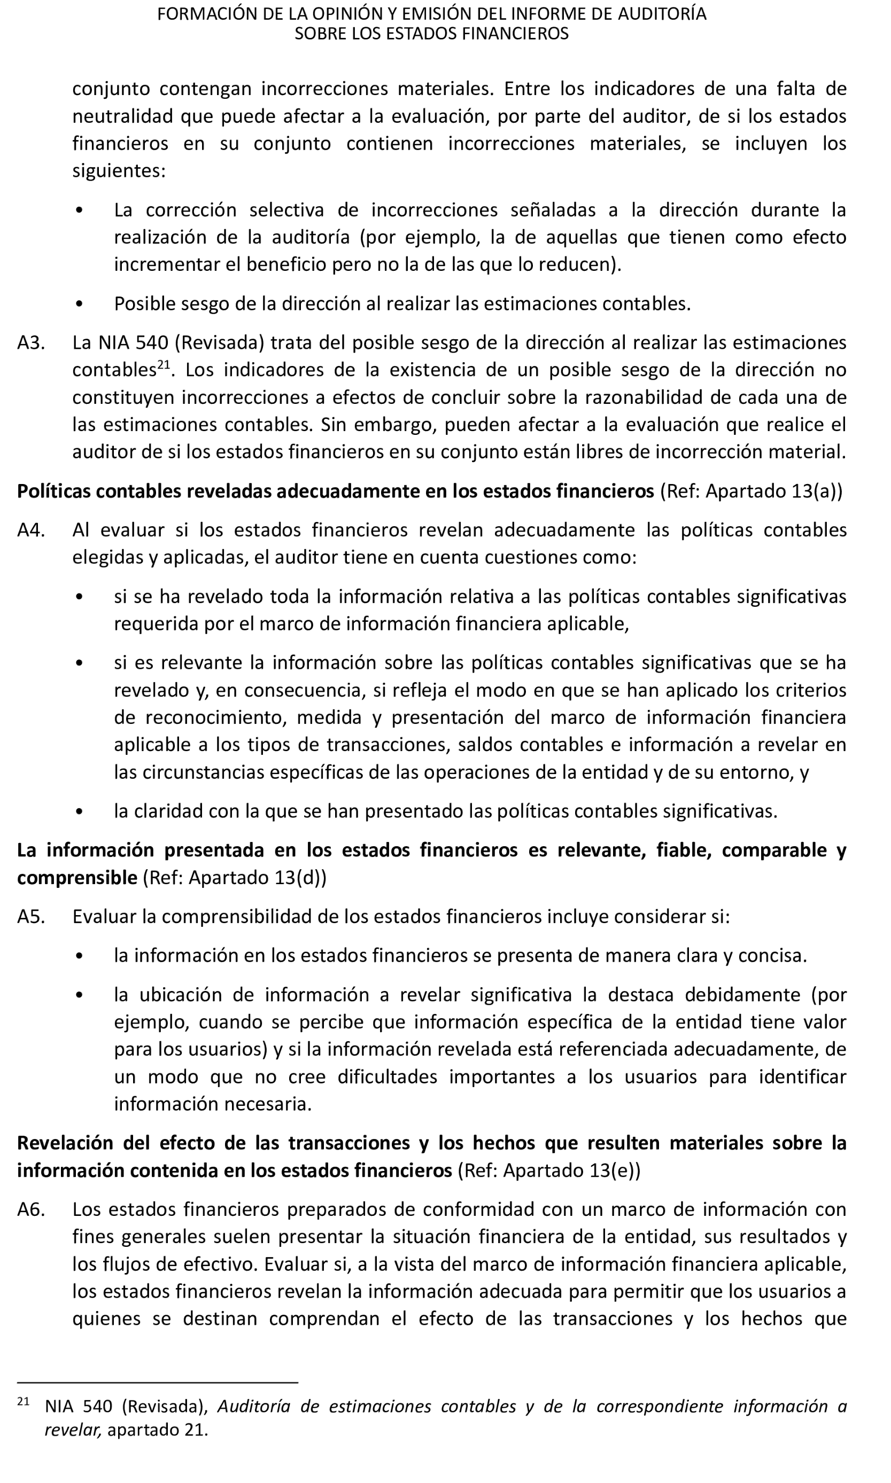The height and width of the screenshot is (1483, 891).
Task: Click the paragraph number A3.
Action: tap(30, 342)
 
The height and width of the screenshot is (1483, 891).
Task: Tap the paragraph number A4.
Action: tap(30, 530)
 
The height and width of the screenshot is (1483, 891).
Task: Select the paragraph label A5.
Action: tap(30, 917)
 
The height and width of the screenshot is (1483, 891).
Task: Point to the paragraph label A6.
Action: tap(30, 1209)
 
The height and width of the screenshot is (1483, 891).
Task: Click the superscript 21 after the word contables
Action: tap(164, 365)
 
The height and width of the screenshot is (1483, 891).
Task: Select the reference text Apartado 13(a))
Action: tap(774, 491)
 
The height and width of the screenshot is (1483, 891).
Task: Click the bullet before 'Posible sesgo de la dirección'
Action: tap(79, 304)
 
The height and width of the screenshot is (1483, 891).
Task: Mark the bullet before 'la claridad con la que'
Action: tap(79, 811)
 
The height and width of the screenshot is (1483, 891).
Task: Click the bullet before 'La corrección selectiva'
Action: tap(79, 210)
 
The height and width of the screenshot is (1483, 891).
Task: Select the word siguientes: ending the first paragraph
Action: tap(119, 171)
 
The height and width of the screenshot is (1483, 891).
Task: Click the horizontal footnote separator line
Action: tap(157, 1382)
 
